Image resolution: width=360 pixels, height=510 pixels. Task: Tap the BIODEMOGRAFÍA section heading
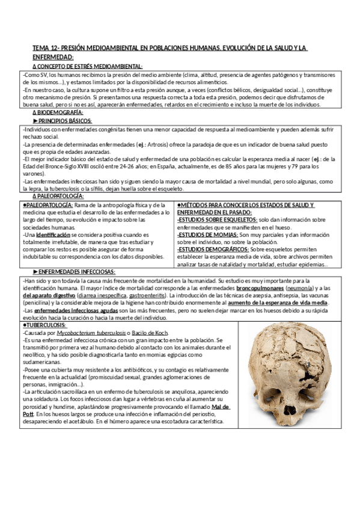(60, 112)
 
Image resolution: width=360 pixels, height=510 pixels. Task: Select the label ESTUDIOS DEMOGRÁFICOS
(213, 249)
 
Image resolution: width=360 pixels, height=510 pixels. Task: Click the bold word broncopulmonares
(249, 288)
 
